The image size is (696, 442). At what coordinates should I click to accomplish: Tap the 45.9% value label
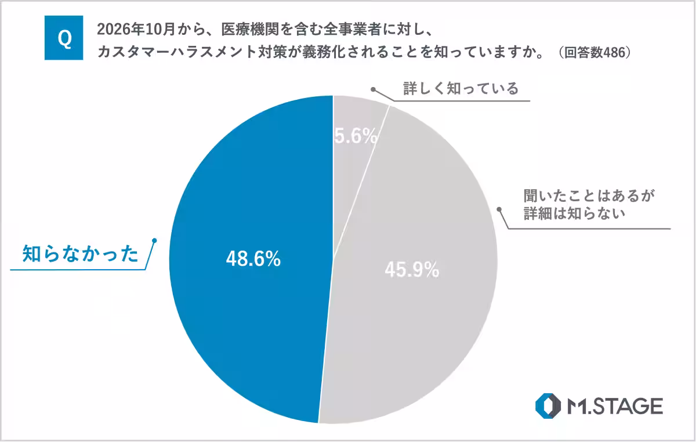[x=411, y=270]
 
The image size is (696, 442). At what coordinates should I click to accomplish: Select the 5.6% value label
[x=356, y=137]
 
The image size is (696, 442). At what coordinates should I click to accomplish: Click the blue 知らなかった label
[x=81, y=254]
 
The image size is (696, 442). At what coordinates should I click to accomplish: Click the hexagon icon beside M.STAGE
[x=548, y=405]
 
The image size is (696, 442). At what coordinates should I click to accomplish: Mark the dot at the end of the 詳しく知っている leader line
[x=374, y=90]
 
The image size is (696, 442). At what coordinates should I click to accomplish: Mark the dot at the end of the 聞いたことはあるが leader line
[x=498, y=207]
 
